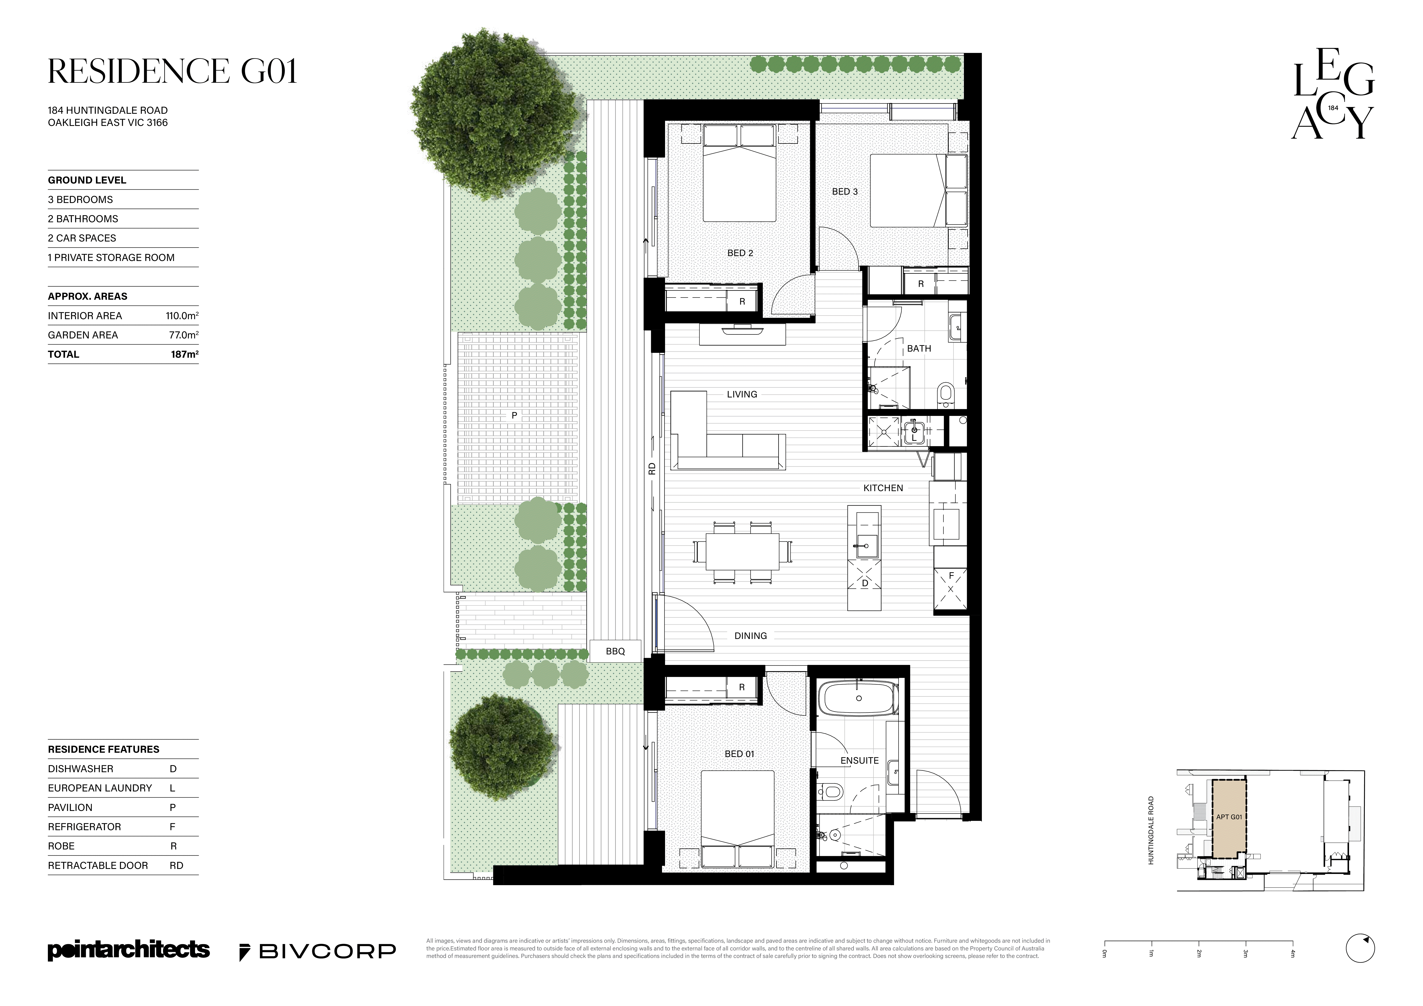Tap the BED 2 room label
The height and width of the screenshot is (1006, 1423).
[740, 253]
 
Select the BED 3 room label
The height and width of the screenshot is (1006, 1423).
[845, 192]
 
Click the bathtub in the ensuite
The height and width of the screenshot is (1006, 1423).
[858, 699]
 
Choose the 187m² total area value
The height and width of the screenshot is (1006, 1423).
[185, 354]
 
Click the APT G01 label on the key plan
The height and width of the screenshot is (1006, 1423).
[1228, 817]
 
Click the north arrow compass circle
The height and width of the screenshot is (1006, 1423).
[1360, 948]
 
